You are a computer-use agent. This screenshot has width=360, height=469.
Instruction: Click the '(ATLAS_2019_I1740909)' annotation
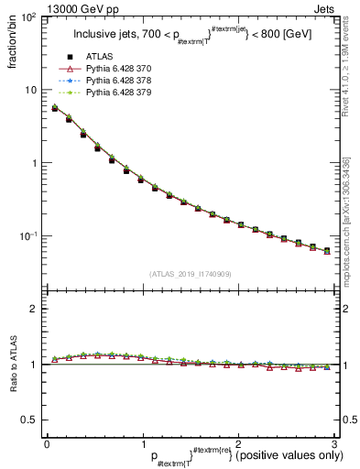click(191, 274)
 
